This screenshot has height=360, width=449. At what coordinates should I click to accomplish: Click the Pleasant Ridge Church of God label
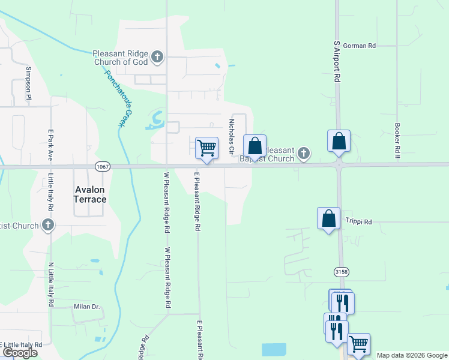click(x=120, y=58)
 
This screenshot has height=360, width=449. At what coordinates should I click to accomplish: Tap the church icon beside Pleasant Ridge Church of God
click(x=157, y=58)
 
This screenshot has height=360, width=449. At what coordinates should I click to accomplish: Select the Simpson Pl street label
click(x=28, y=83)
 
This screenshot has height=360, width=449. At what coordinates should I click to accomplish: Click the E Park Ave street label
click(x=50, y=146)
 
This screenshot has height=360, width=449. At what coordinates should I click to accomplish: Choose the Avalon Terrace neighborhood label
click(x=90, y=194)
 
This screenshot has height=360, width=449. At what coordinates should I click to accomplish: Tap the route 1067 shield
click(x=100, y=166)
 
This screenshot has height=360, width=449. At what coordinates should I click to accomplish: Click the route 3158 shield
click(x=342, y=272)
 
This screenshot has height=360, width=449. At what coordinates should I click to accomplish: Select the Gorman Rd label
click(x=363, y=46)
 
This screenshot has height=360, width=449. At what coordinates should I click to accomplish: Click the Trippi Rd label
click(x=358, y=222)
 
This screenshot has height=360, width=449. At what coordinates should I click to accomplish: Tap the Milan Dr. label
click(x=86, y=307)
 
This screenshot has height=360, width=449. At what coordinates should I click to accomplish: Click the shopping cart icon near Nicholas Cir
click(x=206, y=148)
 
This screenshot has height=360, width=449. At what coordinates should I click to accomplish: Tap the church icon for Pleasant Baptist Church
click(x=304, y=154)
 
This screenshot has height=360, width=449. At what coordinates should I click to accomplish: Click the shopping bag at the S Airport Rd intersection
click(x=339, y=141)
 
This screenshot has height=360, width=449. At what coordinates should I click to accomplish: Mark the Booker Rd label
click(x=397, y=142)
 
